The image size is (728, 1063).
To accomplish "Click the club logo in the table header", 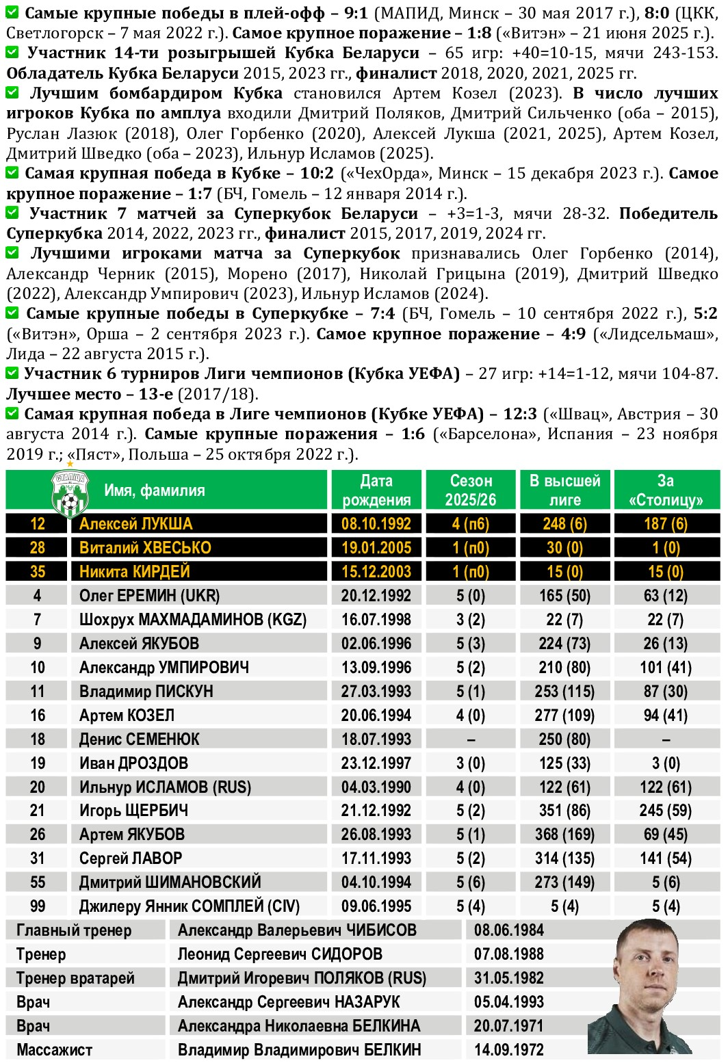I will click(x=69, y=494).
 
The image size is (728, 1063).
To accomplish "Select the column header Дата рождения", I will click(x=376, y=490).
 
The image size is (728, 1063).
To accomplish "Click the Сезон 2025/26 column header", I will click(x=470, y=490).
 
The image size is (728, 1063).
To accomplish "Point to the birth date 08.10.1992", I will click(x=376, y=524).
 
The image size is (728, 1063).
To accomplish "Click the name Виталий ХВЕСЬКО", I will click(x=145, y=548).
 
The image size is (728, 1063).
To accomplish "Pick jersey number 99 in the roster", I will click(x=38, y=906).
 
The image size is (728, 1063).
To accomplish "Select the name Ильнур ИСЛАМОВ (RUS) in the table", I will click(x=165, y=787).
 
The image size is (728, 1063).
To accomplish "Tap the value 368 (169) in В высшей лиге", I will click(x=564, y=835).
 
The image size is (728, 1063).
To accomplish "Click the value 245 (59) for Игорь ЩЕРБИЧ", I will click(x=665, y=811).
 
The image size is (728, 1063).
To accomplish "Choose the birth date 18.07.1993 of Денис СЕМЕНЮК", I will click(x=376, y=739).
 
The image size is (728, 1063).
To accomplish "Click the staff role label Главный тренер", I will click(x=73, y=930).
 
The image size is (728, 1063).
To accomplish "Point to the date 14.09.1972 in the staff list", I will click(x=508, y=1050).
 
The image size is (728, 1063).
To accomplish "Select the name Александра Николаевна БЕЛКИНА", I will click(x=298, y=1026).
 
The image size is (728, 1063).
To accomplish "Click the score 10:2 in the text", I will click(x=317, y=174).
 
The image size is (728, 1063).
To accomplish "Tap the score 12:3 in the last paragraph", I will click(x=520, y=414).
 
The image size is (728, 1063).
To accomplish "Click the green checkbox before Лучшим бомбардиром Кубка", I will click(x=12, y=92).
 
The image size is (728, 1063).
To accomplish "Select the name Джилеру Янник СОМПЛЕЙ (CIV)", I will click(x=190, y=906).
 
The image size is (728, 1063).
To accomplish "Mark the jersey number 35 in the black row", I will click(x=38, y=572).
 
